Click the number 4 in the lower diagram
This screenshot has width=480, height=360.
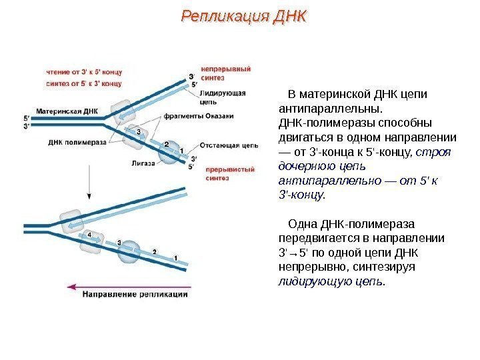pyautogui.click(x=89, y=235)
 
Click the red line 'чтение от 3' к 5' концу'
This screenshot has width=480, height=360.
pyautogui.click(x=84, y=71)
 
